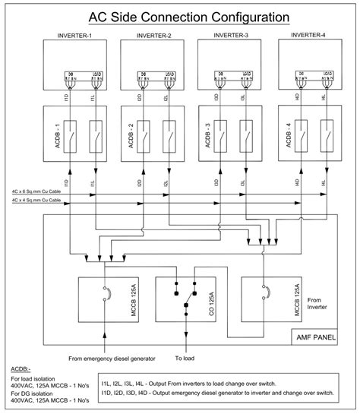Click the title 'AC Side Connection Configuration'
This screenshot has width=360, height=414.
(x=179, y=15)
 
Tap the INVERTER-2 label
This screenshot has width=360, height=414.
(x=153, y=36)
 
